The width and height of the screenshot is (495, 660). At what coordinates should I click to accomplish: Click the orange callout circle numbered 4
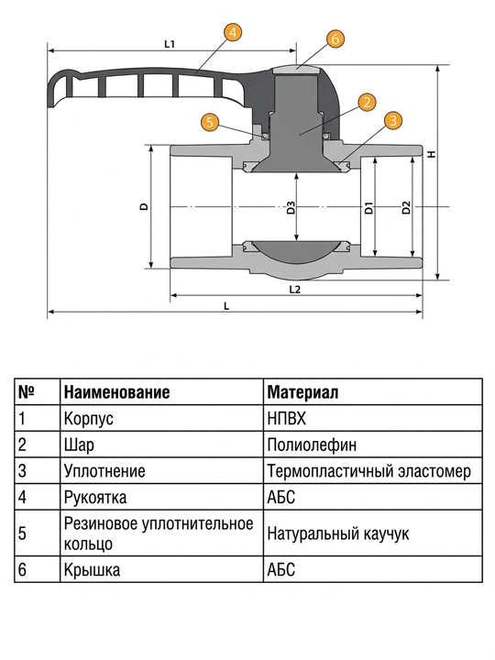233,32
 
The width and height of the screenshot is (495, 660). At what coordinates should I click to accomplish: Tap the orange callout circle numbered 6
335,38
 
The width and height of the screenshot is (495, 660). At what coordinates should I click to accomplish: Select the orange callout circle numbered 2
367,102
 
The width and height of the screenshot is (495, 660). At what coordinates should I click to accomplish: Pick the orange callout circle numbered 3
392,120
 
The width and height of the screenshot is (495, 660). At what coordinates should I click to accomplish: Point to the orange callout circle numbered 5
211,123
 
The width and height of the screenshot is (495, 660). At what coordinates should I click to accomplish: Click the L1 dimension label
170,44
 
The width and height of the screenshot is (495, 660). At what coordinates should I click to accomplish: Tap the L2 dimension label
295,290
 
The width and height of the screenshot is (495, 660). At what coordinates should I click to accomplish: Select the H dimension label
432,154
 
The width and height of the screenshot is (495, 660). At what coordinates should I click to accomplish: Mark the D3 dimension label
291,208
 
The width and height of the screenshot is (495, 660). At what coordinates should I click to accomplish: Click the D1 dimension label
369,208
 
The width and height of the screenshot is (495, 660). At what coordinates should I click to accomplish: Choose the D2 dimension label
406,208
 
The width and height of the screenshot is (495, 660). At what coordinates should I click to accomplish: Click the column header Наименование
117,392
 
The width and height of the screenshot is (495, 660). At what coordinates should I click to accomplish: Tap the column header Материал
302,392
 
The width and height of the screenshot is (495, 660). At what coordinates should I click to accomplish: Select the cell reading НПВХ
287,418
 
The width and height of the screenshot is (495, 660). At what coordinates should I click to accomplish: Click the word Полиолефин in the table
312,445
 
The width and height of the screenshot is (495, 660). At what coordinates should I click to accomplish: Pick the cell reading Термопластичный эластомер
368,471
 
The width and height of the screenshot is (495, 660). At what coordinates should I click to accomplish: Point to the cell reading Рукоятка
95,498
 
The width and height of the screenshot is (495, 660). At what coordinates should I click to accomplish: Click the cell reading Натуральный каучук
338,533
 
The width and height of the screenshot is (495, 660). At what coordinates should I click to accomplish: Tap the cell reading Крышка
92,570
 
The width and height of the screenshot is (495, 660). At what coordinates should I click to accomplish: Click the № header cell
27,392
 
